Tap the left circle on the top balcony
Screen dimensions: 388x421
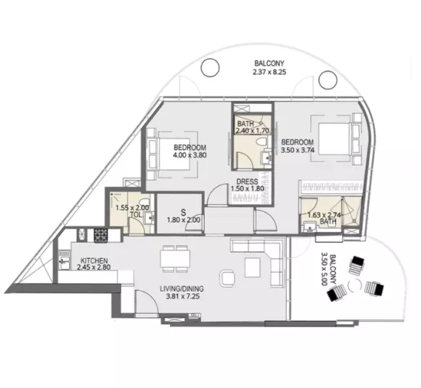pos(210,69)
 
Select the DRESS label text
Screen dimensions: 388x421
pos(247,182)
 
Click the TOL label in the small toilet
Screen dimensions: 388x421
pos(135,215)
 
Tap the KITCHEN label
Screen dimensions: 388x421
pos(94,260)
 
